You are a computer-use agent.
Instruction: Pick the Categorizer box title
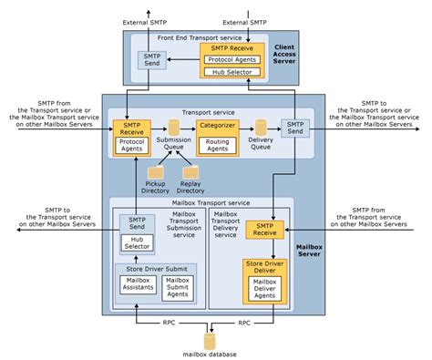click(218, 126)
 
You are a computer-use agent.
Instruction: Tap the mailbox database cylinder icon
click(211, 341)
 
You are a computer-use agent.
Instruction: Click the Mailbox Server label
click(310, 252)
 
